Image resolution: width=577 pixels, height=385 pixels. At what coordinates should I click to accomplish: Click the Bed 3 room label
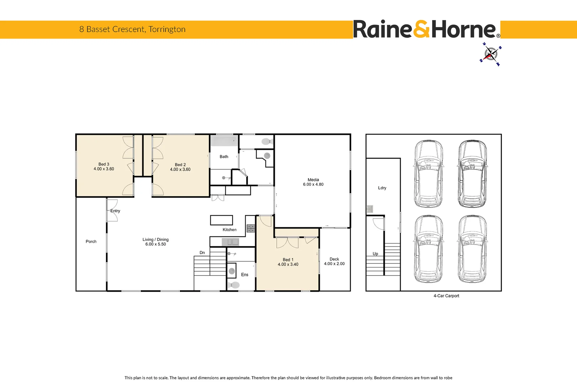click(104, 164)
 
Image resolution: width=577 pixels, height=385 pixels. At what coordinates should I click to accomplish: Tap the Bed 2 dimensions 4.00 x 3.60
click(180, 170)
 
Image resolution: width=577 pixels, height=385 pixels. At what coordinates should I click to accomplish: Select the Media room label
click(313, 180)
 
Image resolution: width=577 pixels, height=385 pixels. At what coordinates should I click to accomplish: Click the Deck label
click(334, 259)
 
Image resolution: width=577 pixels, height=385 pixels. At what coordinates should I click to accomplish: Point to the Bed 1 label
click(288, 260)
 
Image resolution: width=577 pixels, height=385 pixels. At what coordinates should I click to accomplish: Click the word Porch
click(91, 242)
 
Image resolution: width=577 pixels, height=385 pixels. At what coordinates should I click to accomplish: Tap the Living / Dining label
click(156, 240)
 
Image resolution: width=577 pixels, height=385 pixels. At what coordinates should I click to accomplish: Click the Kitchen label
click(230, 230)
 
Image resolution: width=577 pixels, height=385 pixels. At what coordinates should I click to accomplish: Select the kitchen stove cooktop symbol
click(251, 229)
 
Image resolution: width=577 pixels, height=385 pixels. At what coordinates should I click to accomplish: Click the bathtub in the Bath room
click(224, 141)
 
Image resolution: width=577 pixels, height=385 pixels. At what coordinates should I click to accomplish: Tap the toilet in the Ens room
click(234, 285)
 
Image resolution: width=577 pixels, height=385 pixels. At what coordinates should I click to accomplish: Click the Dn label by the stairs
click(202, 253)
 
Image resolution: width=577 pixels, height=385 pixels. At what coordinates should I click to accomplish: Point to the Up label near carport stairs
click(375, 254)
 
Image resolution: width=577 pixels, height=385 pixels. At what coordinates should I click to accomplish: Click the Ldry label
click(382, 188)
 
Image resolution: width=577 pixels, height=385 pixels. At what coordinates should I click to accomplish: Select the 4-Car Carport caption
click(446, 296)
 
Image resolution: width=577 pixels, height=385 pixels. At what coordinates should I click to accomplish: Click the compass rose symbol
click(491, 55)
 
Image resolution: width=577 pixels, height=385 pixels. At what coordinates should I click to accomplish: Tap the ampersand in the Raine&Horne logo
click(422, 30)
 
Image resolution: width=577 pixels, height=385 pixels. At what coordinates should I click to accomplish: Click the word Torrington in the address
click(167, 29)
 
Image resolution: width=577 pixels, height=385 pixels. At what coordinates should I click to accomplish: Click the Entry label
click(115, 211)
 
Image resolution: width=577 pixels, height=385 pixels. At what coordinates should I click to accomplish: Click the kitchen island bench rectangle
click(221, 220)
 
